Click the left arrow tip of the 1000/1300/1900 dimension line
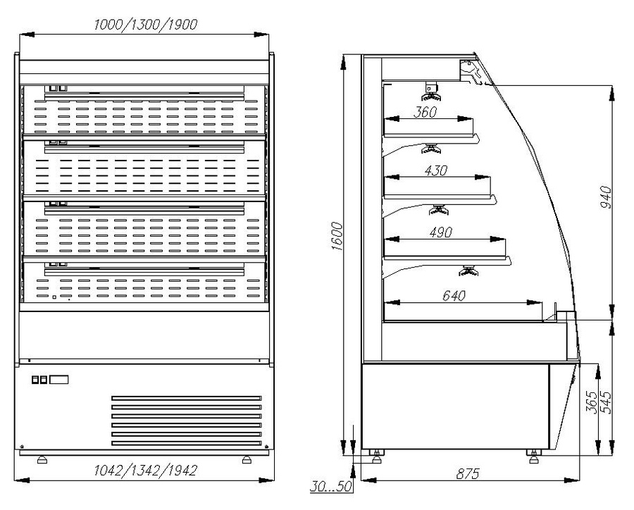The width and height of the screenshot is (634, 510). tap(20, 35)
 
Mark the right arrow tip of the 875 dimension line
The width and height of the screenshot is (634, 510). tap(580, 480)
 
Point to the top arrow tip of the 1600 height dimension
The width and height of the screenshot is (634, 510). tap(344, 56)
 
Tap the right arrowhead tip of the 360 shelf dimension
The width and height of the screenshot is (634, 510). tap(472, 119)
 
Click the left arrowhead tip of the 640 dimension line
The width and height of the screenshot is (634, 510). tap(384, 302)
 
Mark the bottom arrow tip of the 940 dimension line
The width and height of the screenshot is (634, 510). tap(613, 320)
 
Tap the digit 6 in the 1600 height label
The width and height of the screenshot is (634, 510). tap(337, 240)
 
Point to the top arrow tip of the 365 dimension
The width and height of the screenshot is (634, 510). tap(599, 364)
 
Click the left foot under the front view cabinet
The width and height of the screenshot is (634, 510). tap(42, 460)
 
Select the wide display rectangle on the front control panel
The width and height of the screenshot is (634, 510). tap(59, 380)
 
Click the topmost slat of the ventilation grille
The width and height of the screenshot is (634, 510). tap(187, 399)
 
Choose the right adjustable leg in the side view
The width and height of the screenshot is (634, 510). tap(534, 456)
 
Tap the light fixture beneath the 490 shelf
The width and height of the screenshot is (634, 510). tap(468, 270)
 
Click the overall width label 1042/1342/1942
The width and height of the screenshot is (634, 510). tap(146, 471)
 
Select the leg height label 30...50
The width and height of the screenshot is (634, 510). tap(332, 486)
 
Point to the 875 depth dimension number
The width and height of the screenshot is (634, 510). tap(468, 473)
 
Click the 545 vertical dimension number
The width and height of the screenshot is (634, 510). tap(607, 402)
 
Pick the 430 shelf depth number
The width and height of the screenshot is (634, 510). tap(436, 170)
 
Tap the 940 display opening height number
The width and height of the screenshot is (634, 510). tap(606, 197)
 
